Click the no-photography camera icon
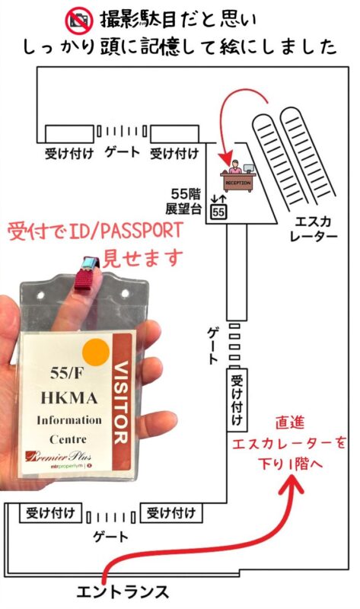tap(79, 21)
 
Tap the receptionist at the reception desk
tap(234, 167)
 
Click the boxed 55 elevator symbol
tap(218, 212)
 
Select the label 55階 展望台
tap(183, 201)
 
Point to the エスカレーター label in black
tap(314, 229)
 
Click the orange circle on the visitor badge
tap(96, 352)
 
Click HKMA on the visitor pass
tap(69, 397)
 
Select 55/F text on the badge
tap(66, 374)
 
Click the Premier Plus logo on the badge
tap(59, 456)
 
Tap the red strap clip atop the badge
tap(87, 273)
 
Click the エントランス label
tap(123, 592)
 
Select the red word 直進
tap(290, 423)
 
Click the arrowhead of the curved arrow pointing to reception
tap(225, 159)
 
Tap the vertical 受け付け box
tap(237, 400)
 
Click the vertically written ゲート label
tap(212, 345)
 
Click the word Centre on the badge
tap(68, 439)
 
